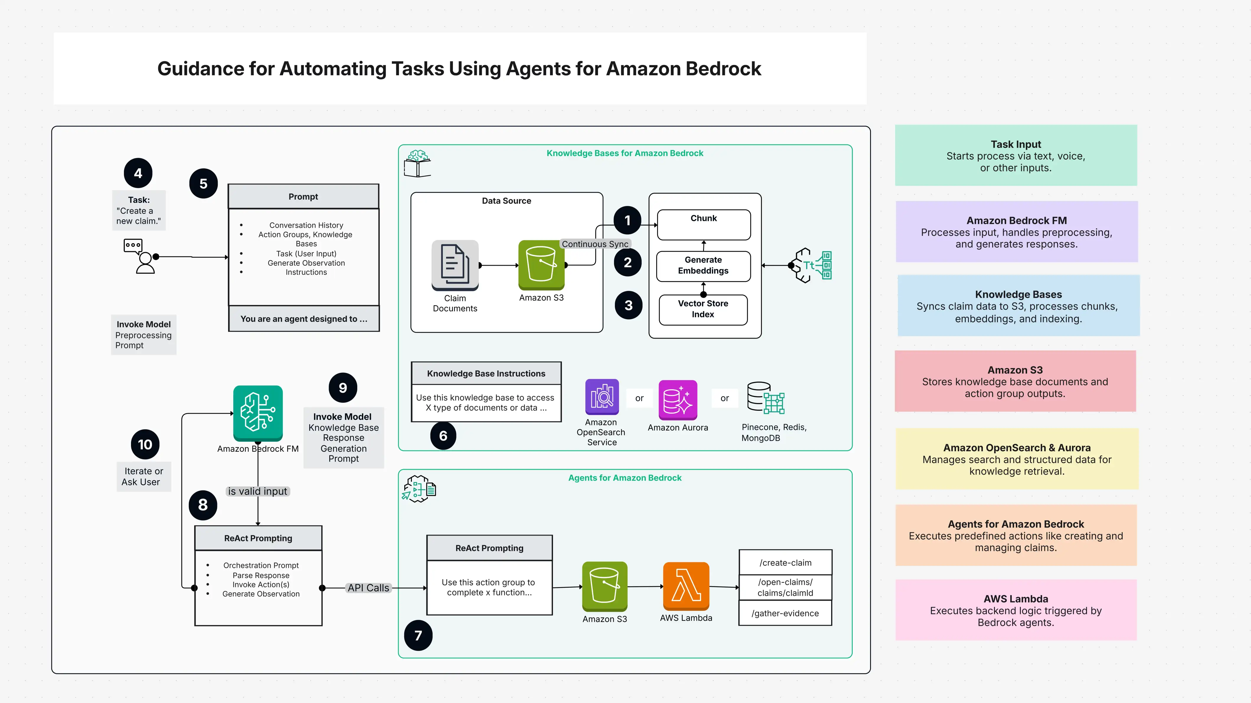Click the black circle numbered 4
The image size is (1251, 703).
click(138, 173)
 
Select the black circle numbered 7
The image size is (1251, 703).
click(418, 635)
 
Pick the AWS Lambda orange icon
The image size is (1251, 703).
click(686, 586)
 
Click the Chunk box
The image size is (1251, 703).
click(704, 224)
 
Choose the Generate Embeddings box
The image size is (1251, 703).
click(703, 266)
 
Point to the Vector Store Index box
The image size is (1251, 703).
click(703, 309)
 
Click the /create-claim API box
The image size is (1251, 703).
click(785, 563)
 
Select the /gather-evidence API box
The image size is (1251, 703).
click(785, 613)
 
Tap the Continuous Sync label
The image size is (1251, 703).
click(595, 244)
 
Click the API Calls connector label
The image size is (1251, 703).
click(368, 588)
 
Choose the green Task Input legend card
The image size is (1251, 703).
click(1016, 155)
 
